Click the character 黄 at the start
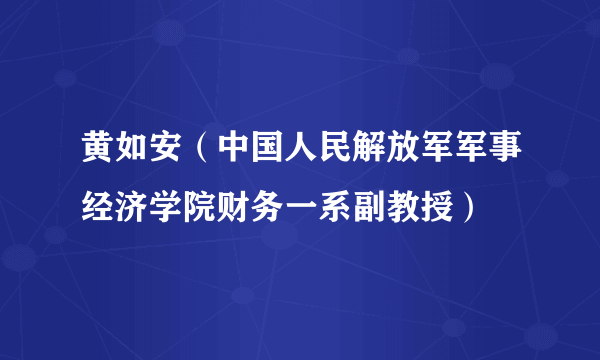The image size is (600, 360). (x=98, y=155)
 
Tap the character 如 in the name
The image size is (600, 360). (x=132, y=155)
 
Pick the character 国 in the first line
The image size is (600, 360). (x=267, y=155)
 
